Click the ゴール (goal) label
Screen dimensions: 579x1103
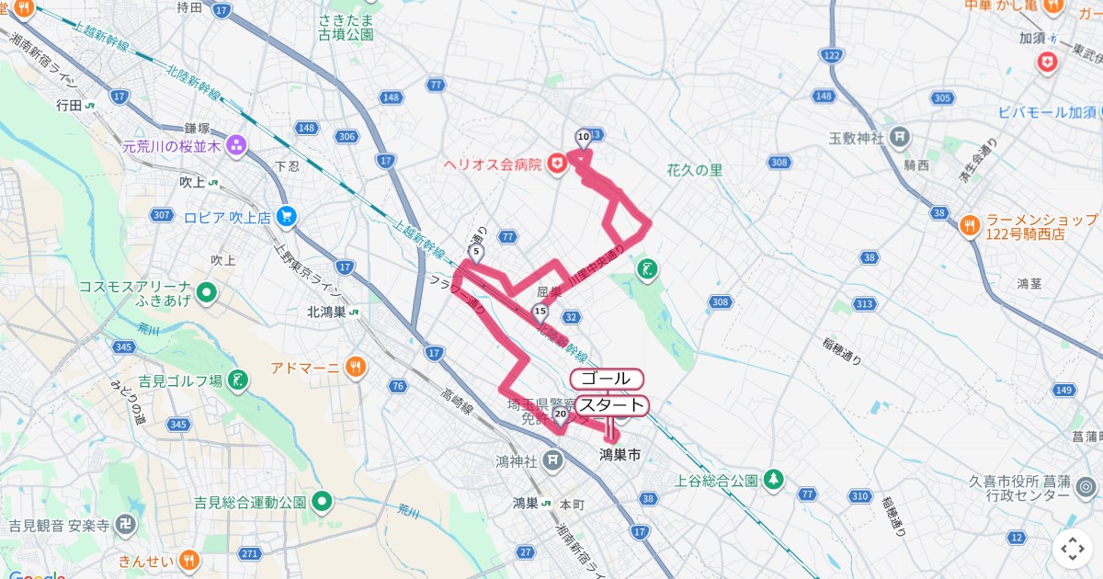click(x=607, y=379)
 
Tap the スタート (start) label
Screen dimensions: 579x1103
click(x=611, y=405)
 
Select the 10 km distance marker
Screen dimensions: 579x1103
click(x=583, y=138)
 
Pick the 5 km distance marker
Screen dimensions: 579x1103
click(x=475, y=252)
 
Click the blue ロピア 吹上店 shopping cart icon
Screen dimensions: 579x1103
click(x=288, y=217)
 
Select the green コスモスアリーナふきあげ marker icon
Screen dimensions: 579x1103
click(x=208, y=293)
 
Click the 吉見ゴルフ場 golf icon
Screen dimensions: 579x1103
click(x=238, y=380)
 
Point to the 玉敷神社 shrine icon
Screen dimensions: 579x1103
click(x=901, y=138)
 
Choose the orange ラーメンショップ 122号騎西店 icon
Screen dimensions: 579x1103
click(x=970, y=225)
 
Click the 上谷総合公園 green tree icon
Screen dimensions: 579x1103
click(x=775, y=479)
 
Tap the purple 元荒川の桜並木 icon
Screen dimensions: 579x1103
click(x=236, y=144)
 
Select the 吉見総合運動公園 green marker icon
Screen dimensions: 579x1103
click(x=321, y=502)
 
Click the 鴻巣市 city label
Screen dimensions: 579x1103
click(x=620, y=455)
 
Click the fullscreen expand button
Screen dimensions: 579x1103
click(x=1073, y=549)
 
